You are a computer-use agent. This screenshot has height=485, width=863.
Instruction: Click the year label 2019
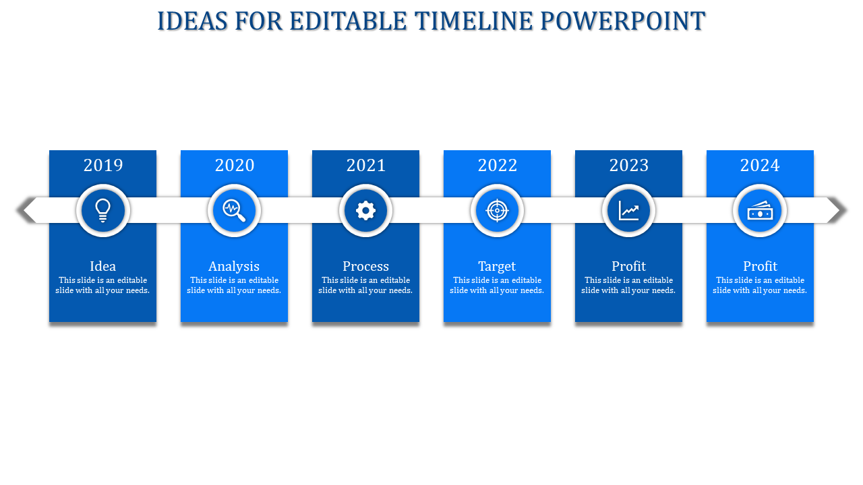tap(103, 165)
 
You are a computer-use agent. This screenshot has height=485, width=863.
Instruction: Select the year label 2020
tap(235, 165)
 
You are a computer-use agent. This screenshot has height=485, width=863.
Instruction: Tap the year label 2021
tap(366, 165)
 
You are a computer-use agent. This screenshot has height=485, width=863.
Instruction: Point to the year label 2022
tap(498, 165)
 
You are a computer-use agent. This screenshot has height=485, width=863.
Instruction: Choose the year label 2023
tap(629, 165)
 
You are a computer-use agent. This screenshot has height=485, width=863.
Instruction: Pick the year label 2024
tap(760, 165)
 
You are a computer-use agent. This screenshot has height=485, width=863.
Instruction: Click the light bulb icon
tap(103, 211)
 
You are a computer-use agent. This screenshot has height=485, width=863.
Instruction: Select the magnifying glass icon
tap(235, 211)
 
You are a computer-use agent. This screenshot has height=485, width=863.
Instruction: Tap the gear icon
tap(366, 211)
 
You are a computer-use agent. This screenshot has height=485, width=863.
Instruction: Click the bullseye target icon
tap(498, 211)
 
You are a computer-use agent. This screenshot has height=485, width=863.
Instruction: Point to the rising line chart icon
tap(629, 211)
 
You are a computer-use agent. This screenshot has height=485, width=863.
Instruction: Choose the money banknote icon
tap(760, 211)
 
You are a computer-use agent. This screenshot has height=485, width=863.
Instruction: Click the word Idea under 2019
tap(103, 266)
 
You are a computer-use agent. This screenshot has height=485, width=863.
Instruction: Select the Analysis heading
tap(234, 266)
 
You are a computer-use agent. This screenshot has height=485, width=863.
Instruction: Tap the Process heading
tap(365, 266)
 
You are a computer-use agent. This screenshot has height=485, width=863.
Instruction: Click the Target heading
tap(497, 266)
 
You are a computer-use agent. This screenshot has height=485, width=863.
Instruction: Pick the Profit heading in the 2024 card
tap(760, 266)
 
